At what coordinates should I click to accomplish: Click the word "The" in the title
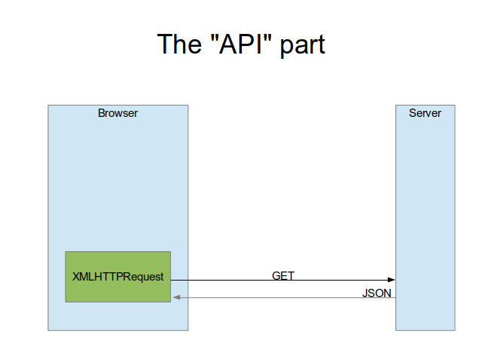click(179, 44)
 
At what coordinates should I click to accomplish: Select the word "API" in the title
click(241, 44)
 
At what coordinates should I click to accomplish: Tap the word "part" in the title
click(302, 46)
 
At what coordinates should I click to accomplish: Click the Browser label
click(117, 113)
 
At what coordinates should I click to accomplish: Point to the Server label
click(425, 113)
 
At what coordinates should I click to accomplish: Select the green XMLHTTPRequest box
click(118, 277)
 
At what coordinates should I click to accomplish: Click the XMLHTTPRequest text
click(118, 277)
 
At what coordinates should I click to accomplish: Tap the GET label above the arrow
click(283, 275)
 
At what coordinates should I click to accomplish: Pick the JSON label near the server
click(377, 293)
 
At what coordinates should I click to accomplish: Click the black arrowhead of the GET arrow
click(392, 280)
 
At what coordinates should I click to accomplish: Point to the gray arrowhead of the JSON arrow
click(176, 297)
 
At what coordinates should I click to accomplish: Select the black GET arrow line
click(283, 280)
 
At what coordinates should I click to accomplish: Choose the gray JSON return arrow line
click(284, 297)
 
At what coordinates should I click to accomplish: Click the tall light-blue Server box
click(425, 218)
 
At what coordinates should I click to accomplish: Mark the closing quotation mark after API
click(268, 38)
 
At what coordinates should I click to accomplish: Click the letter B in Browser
click(101, 113)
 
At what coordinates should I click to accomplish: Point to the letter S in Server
click(413, 113)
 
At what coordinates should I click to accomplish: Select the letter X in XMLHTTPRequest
click(76, 277)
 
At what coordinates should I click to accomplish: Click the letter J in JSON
click(365, 293)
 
